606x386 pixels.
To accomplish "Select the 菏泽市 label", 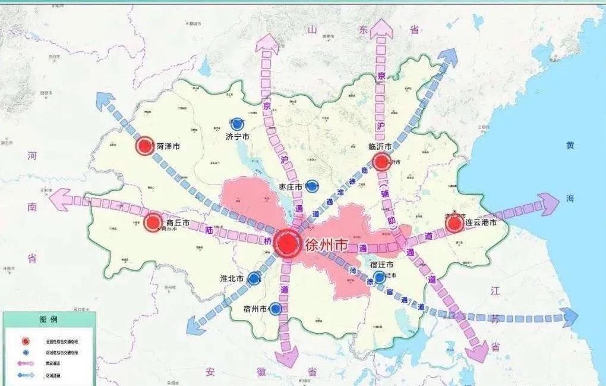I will [x=168, y=146].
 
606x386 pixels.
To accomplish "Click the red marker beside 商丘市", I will [x=153, y=223].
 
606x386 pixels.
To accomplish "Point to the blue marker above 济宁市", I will [x=238, y=124].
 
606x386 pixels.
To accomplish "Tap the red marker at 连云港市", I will [x=454, y=223].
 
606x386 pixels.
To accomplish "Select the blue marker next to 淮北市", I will [x=254, y=278].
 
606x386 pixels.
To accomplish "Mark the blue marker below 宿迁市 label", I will [x=379, y=277].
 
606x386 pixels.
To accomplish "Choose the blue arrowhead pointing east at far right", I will [x=569, y=318].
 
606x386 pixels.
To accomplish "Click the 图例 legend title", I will [x=49, y=319].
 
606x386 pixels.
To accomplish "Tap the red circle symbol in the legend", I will [x=24, y=341].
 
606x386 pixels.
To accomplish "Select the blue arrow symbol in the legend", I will [x=24, y=375].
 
